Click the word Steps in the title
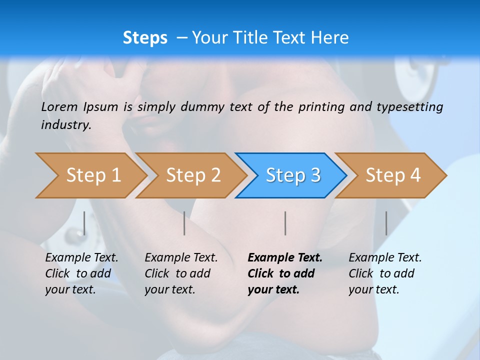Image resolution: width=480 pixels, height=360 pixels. click(x=145, y=38)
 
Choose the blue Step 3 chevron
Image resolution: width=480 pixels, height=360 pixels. click(x=293, y=175)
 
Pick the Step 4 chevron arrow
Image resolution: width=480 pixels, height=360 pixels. click(x=393, y=175)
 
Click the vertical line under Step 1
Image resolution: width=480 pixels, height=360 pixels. click(x=84, y=223)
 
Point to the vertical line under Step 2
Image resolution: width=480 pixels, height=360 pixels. click(x=184, y=223)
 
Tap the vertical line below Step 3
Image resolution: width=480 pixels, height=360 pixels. click(x=285, y=223)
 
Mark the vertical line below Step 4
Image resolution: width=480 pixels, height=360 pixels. click(x=386, y=223)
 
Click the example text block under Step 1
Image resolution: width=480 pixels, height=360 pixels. click(x=81, y=273)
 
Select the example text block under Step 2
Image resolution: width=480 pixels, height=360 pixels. click(x=181, y=273)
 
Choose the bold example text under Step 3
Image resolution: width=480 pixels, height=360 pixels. click(x=285, y=273)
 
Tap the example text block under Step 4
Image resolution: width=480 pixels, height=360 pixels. click(x=385, y=273)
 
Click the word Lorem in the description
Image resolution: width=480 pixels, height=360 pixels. click(x=59, y=106)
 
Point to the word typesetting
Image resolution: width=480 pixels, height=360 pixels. click(x=409, y=106)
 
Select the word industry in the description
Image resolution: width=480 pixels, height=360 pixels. click(x=66, y=125)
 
